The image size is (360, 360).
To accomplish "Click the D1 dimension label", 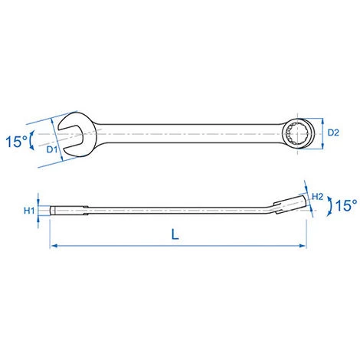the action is (x=52, y=149).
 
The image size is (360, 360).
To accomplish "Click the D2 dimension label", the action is (x=333, y=133).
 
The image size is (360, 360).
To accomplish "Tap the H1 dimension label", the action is (x=29, y=211).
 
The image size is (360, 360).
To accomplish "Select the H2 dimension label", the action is (x=318, y=197).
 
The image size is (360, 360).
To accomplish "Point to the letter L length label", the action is (x=175, y=234).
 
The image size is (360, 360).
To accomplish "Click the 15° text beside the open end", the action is (x=16, y=142).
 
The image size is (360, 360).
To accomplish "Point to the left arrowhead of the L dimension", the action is (x=53, y=246).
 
